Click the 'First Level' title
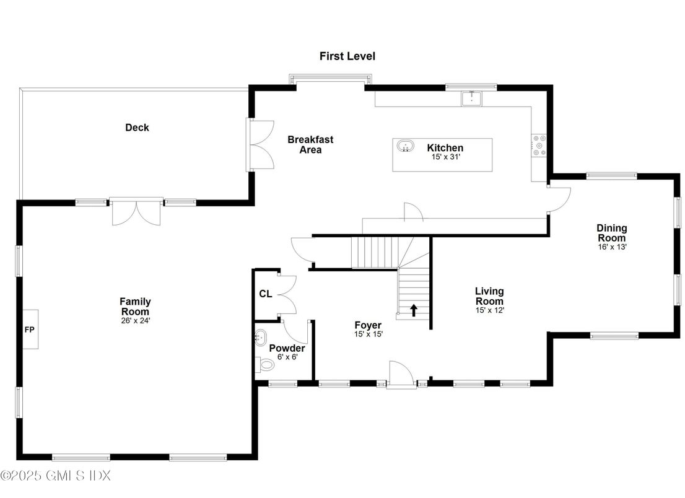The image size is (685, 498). [347, 56]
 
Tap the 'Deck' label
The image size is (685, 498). [137, 128]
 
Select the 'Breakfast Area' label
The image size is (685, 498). [310, 144]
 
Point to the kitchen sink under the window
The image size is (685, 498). [471, 98]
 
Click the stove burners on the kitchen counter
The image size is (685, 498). [539, 145]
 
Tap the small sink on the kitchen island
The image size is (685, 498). [406, 146]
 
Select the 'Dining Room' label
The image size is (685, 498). [611, 233]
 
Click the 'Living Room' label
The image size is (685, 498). [489, 295]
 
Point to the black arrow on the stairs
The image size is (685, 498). [414, 310]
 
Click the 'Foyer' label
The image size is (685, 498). [368, 325]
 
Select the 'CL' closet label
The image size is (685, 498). [265, 294]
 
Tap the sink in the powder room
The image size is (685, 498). [260, 338]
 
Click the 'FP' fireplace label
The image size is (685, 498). [29, 330]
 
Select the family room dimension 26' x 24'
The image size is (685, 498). [135, 321]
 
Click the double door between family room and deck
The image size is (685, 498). [136, 212]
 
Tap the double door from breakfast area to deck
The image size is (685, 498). [260, 144]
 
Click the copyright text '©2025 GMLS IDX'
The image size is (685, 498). [56, 476]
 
